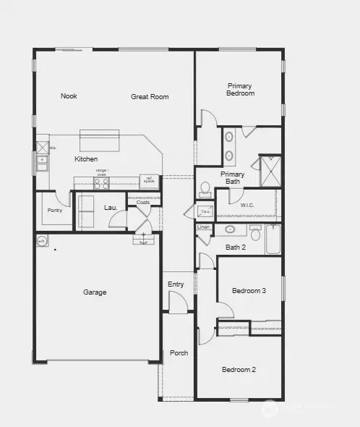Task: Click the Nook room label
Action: tap(69, 96)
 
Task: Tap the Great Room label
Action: tap(150, 96)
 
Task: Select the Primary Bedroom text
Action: tap(240, 89)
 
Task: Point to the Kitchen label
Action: tap(86, 159)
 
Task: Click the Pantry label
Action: tap(54, 211)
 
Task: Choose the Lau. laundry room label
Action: tap(111, 208)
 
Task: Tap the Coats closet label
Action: tap(143, 203)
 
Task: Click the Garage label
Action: tap(95, 292)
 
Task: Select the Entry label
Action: tap(176, 284)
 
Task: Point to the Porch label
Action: tap(179, 353)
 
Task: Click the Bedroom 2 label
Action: tap(239, 370)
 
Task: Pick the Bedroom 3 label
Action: tap(249, 291)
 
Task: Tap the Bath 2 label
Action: tap(236, 248)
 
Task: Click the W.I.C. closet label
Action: tap(248, 205)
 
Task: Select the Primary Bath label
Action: tap(232, 177)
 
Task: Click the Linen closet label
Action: tap(203, 227)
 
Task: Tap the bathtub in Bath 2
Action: tap(273, 239)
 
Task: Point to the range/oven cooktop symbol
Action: tap(101, 183)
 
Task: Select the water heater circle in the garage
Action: tap(42, 242)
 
